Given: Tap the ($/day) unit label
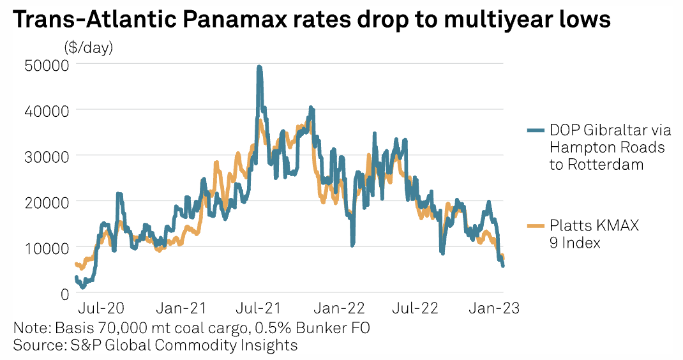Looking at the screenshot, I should (x=89, y=47).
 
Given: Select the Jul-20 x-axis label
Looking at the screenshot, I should (x=101, y=308).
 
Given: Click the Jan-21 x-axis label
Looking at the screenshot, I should (x=181, y=308).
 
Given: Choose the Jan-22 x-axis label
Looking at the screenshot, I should (x=340, y=308).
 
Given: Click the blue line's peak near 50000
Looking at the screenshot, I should (x=259, y=66).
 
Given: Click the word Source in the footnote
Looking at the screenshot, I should (x=36, y=345).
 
